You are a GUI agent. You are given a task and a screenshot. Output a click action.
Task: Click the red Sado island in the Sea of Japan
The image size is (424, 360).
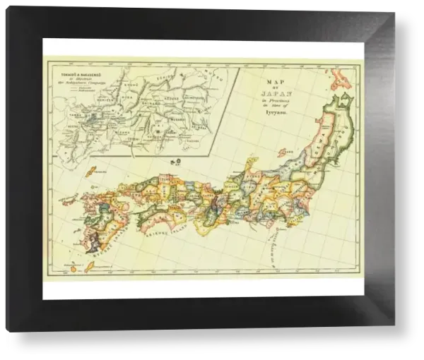[x=285, y=151]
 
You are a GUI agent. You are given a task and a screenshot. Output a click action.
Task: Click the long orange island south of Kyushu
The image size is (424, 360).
[x=90, y=265]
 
